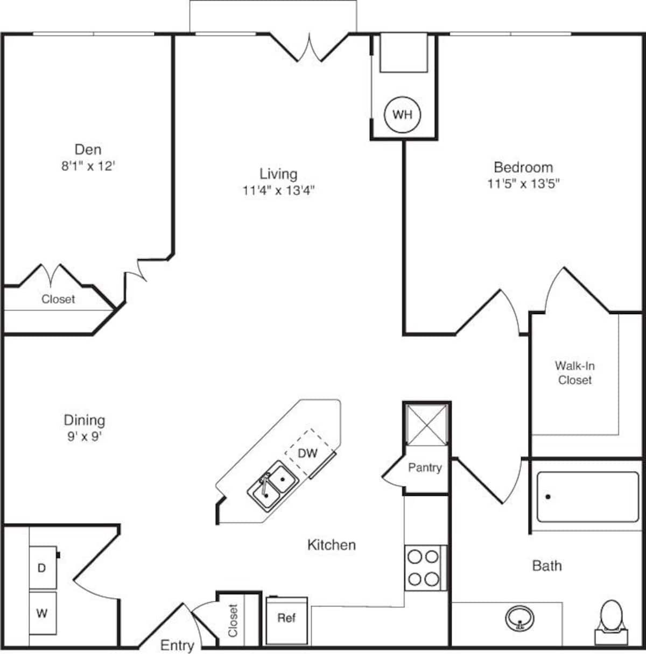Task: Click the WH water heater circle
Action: tap(402, 115)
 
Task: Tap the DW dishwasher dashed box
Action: tap(308, 453)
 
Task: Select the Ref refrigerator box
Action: tap(286, 619)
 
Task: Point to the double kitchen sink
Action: tap(272, 486)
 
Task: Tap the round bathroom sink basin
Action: tap(520, 617)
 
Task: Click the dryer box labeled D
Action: tap(42, 568)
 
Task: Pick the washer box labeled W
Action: tap(42, 613)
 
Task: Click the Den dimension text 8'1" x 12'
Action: tap(88, 166)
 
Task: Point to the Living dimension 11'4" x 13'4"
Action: tap(278, 190)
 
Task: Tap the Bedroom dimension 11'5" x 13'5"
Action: tap(523, 183)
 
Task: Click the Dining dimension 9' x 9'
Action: tap(85, 436)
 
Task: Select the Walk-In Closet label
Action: tap(574, 373)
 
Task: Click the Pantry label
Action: tap(425, 467)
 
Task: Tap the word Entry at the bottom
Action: tap(177, 645)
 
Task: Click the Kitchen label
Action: tap(331, 545)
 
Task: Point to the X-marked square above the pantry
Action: tap(426, 425)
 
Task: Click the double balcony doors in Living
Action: tap(309, 47)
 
